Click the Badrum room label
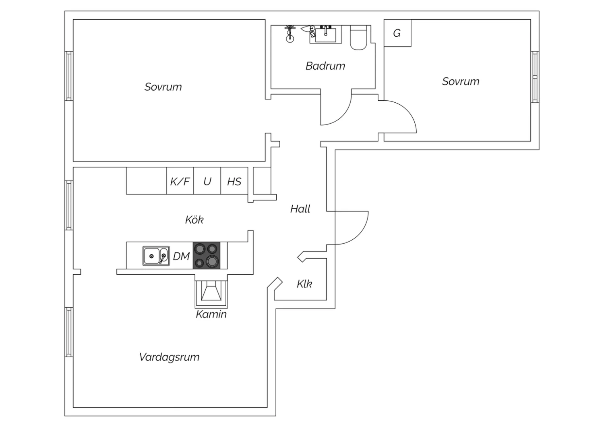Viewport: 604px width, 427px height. pyautogui.click(x=325, y=66)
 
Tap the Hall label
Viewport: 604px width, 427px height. pyautogui.click(x=300, y=209)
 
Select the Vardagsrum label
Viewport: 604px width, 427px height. pyautogui.click(x=170, y=357)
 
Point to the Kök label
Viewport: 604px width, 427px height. pyautogui.click(x=194, y=220)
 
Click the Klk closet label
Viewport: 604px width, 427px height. pyautogui.click(x=304, y=284)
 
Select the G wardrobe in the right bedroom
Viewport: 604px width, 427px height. pyautogui.click(x=397, y=33)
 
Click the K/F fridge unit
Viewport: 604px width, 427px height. pyautogui.click(x=180, y=181)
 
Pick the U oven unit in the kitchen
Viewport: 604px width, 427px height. pyautogui.click(x=207, y=181)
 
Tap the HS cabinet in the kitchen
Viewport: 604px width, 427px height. pyautogui.click(x=234, y=181)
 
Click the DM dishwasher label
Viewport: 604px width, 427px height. pyautogui.click(x=181, y=256)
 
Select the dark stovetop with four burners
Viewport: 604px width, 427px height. pyautogui.click(x=207, y=255)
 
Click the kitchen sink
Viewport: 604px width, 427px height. pyautogui.click(x=156, y=256)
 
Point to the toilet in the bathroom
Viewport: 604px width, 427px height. pyautogui.click(x=358, y=38)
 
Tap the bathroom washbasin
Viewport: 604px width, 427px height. pyautogui.click(x=326, y=35)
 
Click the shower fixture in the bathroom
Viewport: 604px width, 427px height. pyautogui.click(x=290, y=34)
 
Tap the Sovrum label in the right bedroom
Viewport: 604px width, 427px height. pyautogui.click(x=461, y=81)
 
